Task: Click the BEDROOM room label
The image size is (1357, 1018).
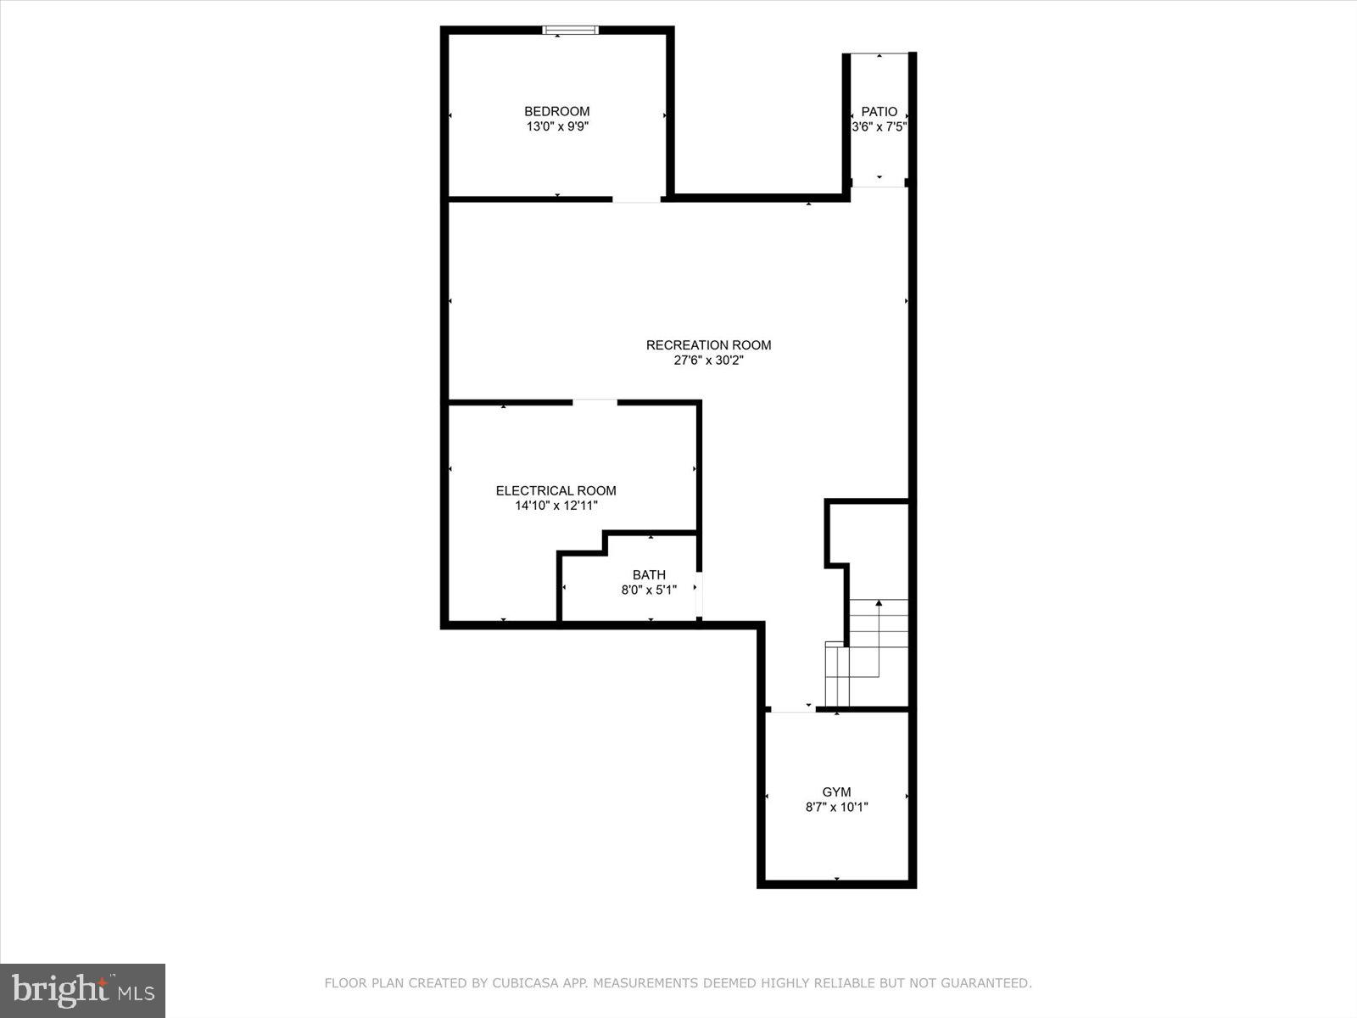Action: pyautogui.click(x=556, y=111)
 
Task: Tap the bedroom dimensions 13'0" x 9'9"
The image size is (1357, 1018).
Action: pyautogui.click(x=556, y=127)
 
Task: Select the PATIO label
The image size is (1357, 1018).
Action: pyautogui.click(x=879, y=111)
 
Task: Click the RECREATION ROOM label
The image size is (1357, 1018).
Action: pyautogui.click(x=708, y=345)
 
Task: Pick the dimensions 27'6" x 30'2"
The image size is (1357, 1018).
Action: pyautogui.click(x=708, y=361)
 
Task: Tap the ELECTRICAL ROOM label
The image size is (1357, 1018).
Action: pyautogui.click(x=556, y=490)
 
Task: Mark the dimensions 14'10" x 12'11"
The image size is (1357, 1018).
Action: pyautogui.click(x=556, y=506)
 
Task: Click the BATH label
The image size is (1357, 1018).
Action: pyautogui.click(x=649, y=575)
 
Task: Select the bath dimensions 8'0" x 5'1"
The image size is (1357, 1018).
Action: pyautogui.click(x=649, y=590)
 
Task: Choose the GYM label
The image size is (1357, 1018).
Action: pyautogui.click(x=836, y=792)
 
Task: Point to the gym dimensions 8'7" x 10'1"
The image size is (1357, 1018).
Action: pyautogui.click(x=836, y=808)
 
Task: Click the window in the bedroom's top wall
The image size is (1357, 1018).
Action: pyautogui.click(x=570, y=31)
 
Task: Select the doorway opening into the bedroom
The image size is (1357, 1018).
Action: pyautogui.click(x=636, y=200)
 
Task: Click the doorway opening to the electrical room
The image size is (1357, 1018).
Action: pyautogui.click(x=595, y=401)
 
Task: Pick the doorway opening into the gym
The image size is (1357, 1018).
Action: pyautogui.click(x=791, y=710)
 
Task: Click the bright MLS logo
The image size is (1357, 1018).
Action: pyautogui.click(x=82, y=989)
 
